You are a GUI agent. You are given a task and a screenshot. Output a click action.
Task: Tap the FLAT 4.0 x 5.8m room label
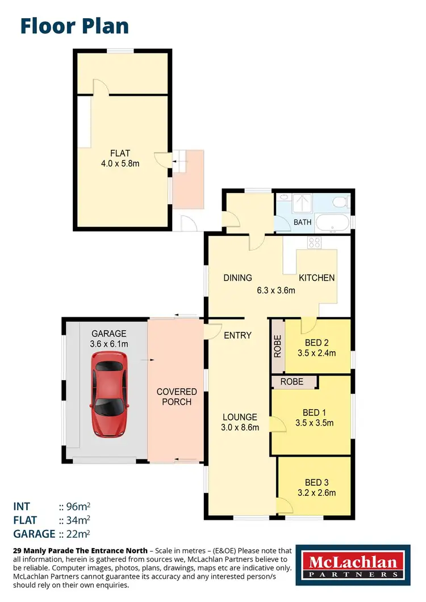[120, 158]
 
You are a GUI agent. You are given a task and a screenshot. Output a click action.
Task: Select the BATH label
[302, 222]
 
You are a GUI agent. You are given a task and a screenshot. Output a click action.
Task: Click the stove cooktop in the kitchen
[314, 243]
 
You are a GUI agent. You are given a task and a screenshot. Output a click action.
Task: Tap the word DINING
[237, 278]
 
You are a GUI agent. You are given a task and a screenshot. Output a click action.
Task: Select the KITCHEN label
[317, 278]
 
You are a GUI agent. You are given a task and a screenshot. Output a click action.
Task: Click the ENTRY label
[237, 335]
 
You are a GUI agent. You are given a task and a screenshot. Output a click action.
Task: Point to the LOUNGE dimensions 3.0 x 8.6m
[240, 427]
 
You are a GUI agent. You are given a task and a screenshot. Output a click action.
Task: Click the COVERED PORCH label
[177, 397]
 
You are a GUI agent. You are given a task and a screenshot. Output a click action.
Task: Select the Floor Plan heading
[74, 26]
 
